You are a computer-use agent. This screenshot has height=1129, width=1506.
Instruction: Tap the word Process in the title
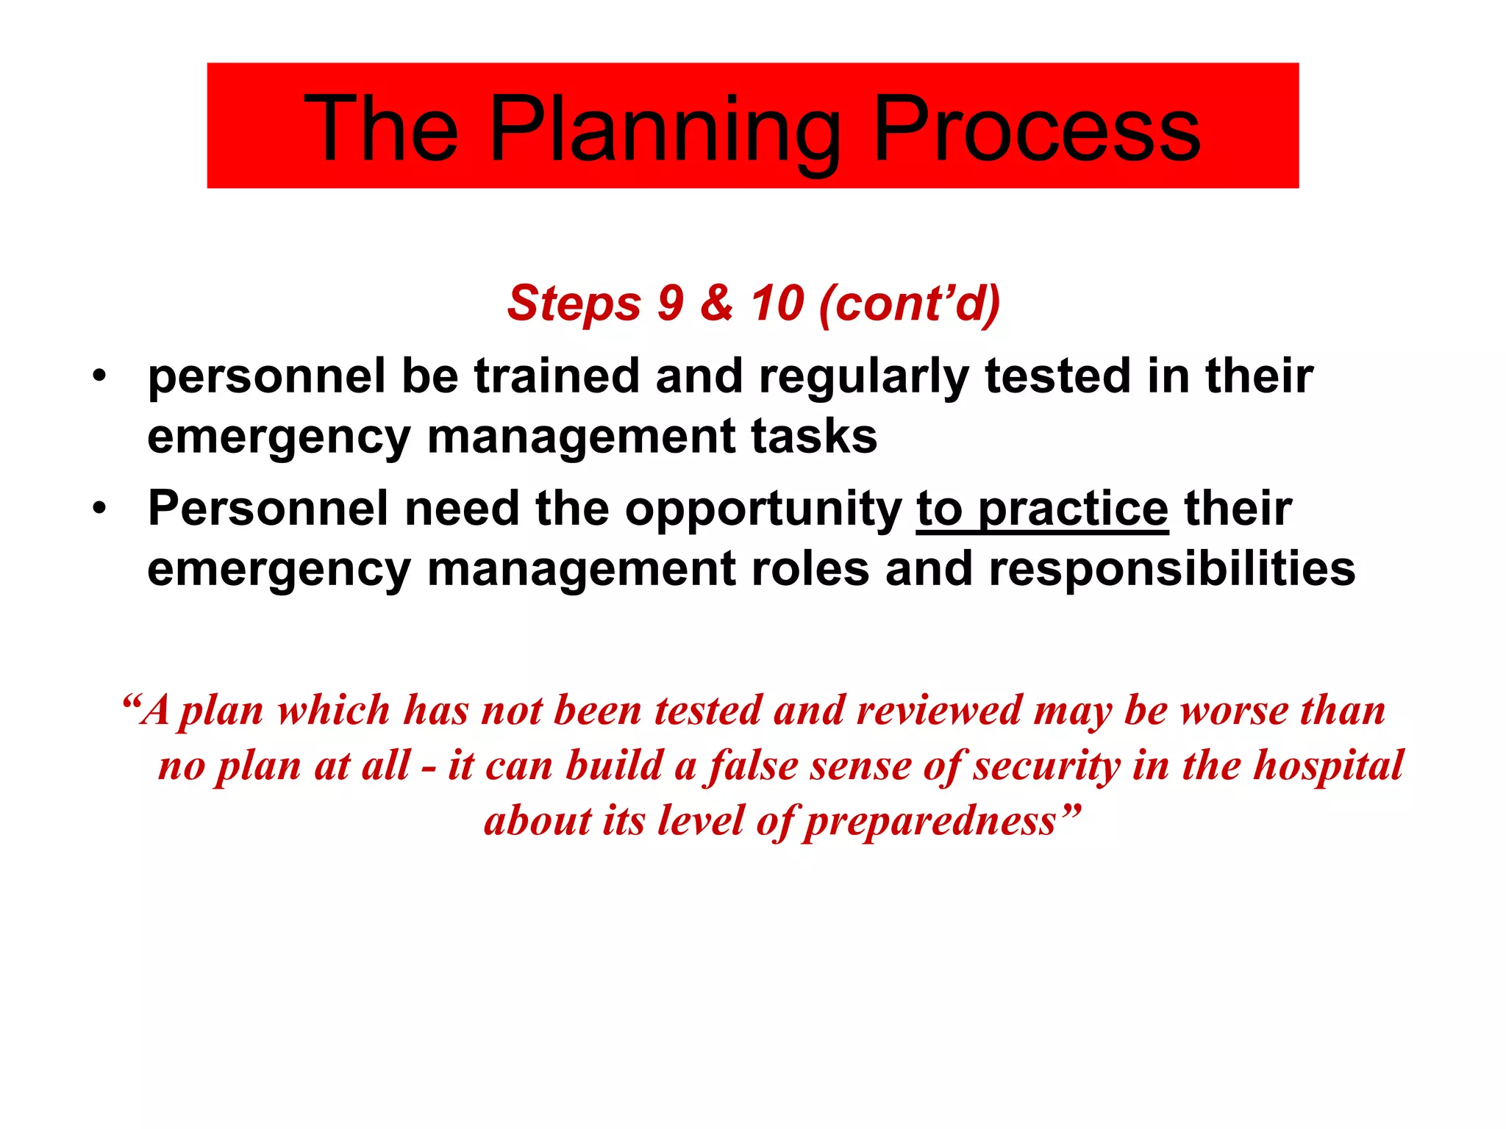tap(1036, 130)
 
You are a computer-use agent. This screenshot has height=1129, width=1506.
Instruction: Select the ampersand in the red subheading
tap(717, 302)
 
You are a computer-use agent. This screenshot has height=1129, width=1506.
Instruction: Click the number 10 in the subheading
tap(777, 302)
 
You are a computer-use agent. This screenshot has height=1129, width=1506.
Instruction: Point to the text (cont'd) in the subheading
tap(910, 302)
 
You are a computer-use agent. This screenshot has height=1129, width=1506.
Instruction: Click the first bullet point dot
tap(100, 376)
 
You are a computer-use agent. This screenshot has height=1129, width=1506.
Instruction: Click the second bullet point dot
tap(100, 508)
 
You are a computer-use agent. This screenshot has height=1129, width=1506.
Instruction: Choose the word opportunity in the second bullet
tap(763, 509)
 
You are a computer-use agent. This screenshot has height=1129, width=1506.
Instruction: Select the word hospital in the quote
tap(1329, 766)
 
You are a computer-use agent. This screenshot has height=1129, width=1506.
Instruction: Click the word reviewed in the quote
tap(939, 711)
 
